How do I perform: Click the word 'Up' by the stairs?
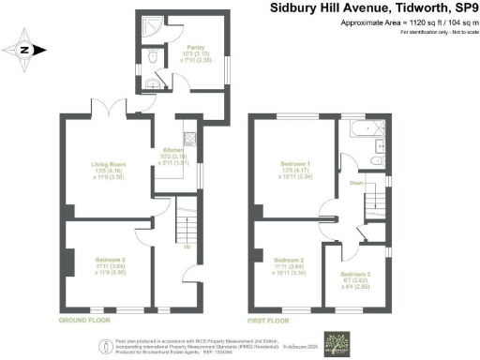point(187,247)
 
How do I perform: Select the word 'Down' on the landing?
point(357,184)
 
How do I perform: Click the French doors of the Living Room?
point(115,116)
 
